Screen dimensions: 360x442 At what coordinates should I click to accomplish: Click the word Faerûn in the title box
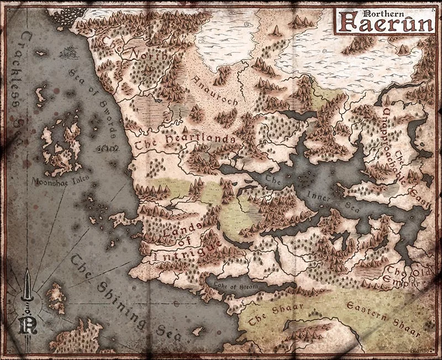click(x=381, y=23)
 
